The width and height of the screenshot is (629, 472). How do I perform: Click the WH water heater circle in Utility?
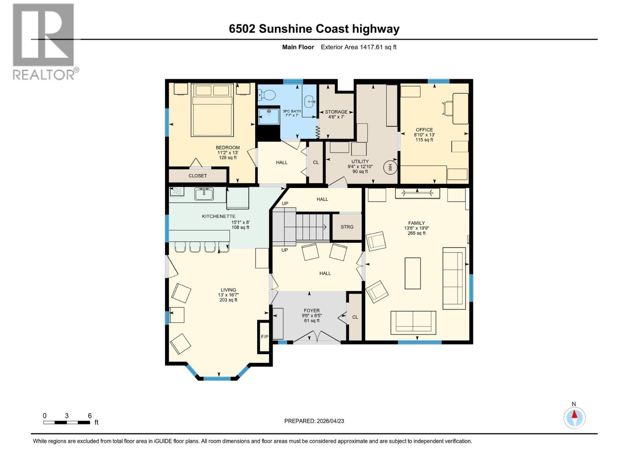[x=390, y=168]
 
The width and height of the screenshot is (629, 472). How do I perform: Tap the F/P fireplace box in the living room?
[x=264, y=337]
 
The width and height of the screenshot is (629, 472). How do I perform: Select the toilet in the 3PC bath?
[x=267, y=95]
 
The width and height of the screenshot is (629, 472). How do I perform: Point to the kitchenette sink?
[x=204, y=194]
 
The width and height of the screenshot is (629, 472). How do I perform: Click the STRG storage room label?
[x=347, y=227]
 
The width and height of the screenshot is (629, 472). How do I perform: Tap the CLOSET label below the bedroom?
[x=197, y=176]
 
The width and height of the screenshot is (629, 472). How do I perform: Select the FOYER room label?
[x=311, y=310]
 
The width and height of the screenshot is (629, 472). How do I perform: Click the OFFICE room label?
[x=424, y=130]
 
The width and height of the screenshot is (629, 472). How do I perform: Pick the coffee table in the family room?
[x=412, y=273]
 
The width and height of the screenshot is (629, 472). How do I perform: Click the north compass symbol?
[x=574, y=417]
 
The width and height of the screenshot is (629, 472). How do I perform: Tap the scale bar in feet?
[x=67, y=422]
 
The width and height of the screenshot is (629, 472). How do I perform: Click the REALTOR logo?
[x=44, y=41]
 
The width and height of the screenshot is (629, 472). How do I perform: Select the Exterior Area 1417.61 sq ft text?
[x=359, y=47]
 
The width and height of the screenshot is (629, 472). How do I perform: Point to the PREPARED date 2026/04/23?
[x=314, y=421]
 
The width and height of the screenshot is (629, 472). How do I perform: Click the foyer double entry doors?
[x=317, y=337]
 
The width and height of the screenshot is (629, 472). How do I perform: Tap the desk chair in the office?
[x=448, y=108]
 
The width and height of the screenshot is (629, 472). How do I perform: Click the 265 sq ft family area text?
[x=416, y=233]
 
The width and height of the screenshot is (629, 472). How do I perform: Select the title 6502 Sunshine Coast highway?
[x=314, y=29]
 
